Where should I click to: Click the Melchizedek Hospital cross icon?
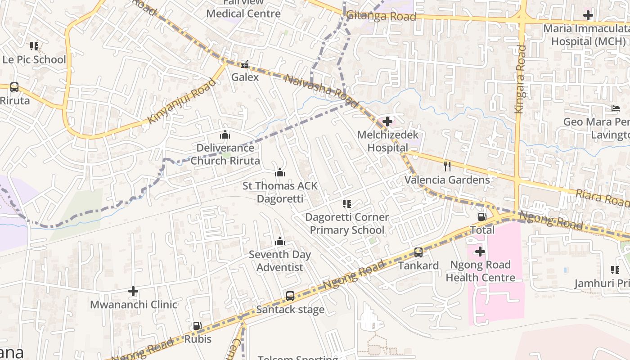tap(387, 121)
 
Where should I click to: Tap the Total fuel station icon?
tap(482, 217)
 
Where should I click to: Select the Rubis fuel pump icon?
tap(197, 326)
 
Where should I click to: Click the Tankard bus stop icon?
tap(418, 252)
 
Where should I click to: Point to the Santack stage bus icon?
tap(290, 296)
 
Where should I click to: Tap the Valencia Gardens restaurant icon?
tap(447, 166)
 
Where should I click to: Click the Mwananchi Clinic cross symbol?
tap(133, 291)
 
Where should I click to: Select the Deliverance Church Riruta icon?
tap(225, 135)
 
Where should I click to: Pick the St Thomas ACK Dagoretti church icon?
tap(280, 172)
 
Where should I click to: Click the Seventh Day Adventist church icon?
tap(280, 241)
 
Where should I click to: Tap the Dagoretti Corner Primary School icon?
tap(346, 204)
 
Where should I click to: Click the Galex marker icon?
tap(245, 64)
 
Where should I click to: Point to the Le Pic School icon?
tap(34, 46)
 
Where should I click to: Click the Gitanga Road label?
tap(381, 16)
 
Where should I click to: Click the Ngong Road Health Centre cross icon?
tap(480, 252)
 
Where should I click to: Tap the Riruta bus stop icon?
tap(14, 87)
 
